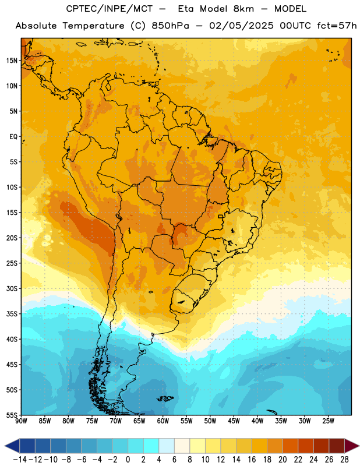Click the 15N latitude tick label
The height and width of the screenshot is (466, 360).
[x=12, y=61]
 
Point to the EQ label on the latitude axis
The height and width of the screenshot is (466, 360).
[x=13, y=137]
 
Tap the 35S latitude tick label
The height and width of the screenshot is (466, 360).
[x=12, y=314]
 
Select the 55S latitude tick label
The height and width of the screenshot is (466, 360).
[x=12, y=415]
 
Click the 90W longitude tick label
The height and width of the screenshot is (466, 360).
[x=22, y=421]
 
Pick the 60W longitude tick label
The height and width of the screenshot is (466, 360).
[x=163, y=421]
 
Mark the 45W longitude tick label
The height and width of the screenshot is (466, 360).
[x=234, y=421]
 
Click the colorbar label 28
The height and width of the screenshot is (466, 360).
[x=344, y=460]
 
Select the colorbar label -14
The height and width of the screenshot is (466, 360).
[x=20, y=460]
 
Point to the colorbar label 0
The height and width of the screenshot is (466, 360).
[x=128, y=460]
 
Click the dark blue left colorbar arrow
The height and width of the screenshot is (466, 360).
[x=12, y=446]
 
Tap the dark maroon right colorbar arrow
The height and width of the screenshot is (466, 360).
[x=352, y=446]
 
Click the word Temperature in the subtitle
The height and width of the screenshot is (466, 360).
[x=93, y=26]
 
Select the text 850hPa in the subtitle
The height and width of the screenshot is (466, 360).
[x=170, y=26]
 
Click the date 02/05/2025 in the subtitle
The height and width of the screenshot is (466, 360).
[x=241, y=26]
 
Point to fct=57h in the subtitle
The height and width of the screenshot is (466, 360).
[x=337, y=26]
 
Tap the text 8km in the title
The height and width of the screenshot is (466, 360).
[x=243, y=9]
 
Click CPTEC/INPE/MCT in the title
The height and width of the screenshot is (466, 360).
[x=109, y=9]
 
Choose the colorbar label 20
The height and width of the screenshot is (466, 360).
[x=283, y=460]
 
